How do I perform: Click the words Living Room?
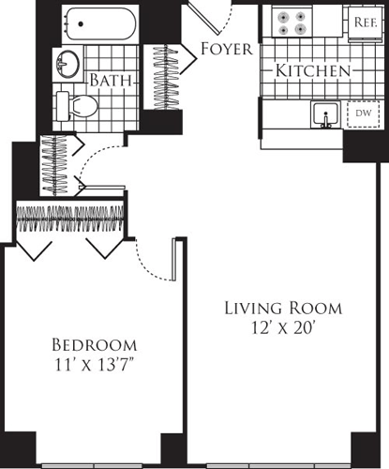[x=283, y=308]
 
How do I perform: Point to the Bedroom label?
[x=95, y=343]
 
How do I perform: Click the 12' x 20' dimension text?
[x=283, y=329]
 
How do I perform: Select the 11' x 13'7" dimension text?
[x=95, y=364]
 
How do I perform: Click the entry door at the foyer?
[x=205, y=16]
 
